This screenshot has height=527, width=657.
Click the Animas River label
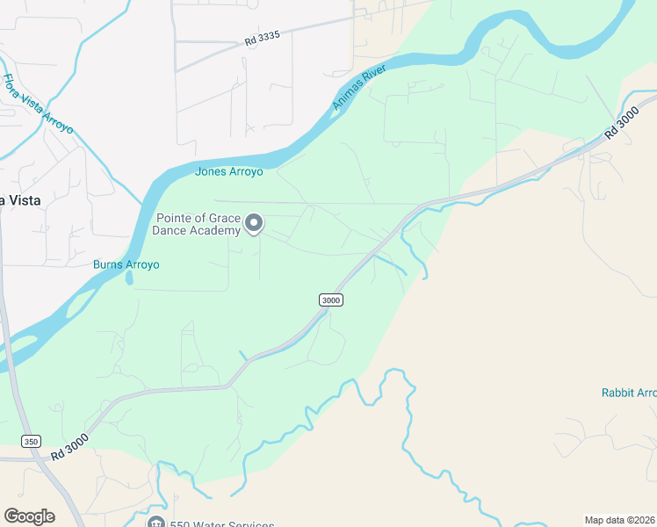365,85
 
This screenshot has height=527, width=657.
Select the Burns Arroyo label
126,264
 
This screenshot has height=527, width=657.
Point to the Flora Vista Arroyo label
38,105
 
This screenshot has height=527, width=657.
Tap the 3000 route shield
331,300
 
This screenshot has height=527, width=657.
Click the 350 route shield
32,441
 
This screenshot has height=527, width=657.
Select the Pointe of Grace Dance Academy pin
254,223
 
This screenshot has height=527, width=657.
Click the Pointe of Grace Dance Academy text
197,225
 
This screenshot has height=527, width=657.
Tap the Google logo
29,516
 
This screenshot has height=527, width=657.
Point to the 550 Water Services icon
155,523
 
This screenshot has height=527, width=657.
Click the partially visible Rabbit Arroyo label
628,393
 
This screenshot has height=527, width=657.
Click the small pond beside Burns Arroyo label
130,278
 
